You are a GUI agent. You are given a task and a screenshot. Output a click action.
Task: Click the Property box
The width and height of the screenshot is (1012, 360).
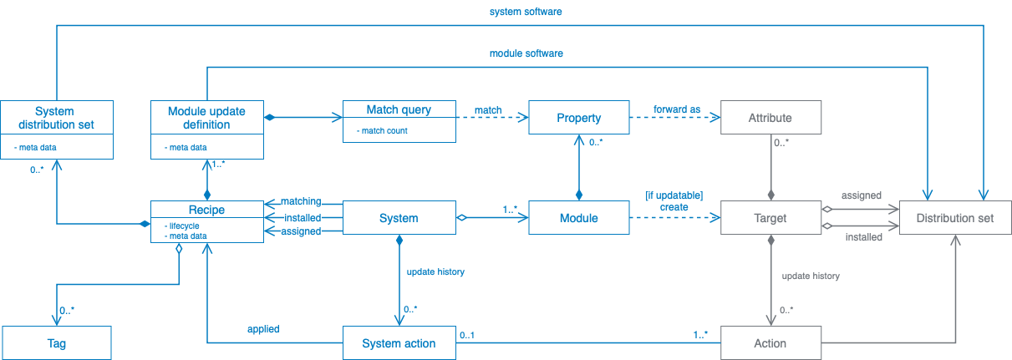pyautogui.click(x=578, y=118)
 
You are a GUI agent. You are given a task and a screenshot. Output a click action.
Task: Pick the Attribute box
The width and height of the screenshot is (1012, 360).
pyautogui.click(x=770, y=118)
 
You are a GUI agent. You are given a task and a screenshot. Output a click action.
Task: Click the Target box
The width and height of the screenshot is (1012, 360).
pyautogui.click(x=770, y=218)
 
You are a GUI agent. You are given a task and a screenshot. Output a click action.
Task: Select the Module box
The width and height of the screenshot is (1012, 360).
pyautogui.click(x=578, y=218)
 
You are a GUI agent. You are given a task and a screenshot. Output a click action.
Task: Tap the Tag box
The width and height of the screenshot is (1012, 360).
pyautogui.click(x=56, y=343)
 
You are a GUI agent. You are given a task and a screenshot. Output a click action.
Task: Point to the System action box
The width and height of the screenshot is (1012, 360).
pyautogui.click(x=399, y=343)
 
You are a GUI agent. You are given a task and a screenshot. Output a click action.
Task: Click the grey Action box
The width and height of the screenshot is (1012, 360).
pyautogui.click(x=770, y=343)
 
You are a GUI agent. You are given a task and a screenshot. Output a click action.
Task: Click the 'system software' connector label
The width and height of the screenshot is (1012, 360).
pyautogui.click(x=524, y=13)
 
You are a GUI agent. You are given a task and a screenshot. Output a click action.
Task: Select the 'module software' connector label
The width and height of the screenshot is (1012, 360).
pyautogui.click(x=526, y=53)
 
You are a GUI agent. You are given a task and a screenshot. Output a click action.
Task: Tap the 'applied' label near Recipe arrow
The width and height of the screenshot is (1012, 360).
pyautogui.click(x=262, y=329)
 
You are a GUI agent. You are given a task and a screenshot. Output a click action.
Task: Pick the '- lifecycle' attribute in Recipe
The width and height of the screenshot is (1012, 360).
pyautogui.click(x=182, y=225)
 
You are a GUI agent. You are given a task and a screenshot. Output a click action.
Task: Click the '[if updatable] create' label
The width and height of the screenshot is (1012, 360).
pyautogui.click(x=674, y=201)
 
